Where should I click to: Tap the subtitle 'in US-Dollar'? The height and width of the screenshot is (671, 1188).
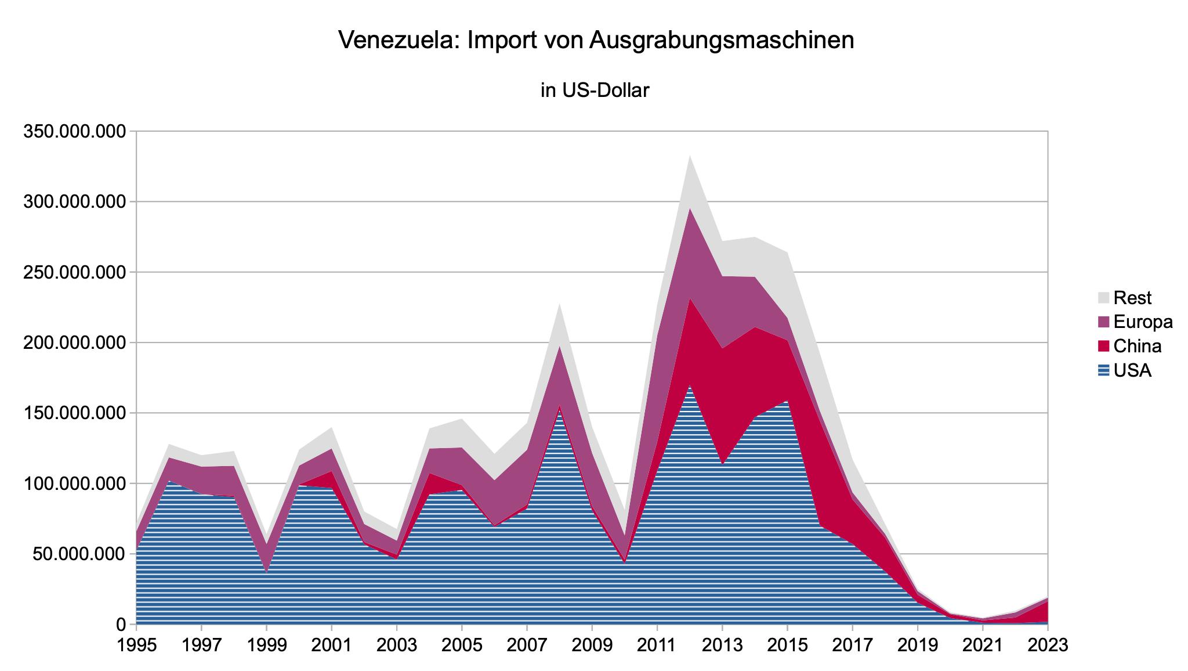595,91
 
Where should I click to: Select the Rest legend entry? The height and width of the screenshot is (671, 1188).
1132,298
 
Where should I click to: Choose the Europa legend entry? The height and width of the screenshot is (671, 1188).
1143,322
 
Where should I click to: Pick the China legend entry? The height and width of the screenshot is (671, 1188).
1137,346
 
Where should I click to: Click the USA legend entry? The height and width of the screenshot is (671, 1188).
1132,370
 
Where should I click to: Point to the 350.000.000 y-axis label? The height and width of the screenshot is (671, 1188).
74,131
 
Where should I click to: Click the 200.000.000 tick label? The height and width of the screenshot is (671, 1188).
74,342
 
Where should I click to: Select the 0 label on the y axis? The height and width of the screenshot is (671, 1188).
120,625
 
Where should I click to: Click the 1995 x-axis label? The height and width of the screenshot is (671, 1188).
136,645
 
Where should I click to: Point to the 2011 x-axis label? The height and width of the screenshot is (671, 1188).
657,645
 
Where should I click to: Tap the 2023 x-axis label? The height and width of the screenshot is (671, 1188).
1048,645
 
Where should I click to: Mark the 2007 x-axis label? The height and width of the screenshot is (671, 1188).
526,645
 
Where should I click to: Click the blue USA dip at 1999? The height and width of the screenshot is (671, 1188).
266,580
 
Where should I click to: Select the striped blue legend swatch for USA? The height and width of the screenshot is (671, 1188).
1103,370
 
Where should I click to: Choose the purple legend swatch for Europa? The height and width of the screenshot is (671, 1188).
1103,322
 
